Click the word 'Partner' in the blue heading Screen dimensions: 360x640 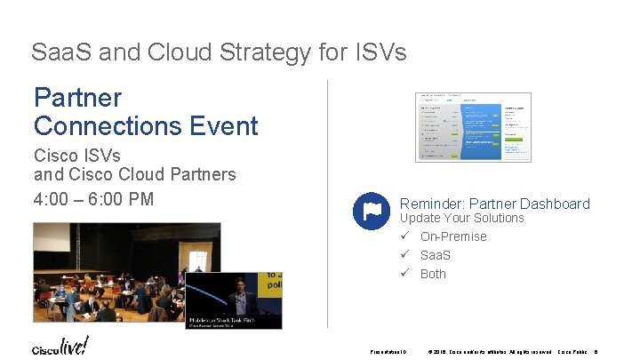(x=77, y=97)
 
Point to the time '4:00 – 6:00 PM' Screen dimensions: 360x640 (x=93, y=197)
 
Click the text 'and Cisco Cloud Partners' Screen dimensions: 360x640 (x=134, y=174)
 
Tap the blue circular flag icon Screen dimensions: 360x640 (x=371, y=211)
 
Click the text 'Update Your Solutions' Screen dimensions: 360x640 (x=462, y=218)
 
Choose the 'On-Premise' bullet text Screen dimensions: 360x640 (x=453, y=236)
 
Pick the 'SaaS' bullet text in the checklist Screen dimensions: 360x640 (x=436, y=255)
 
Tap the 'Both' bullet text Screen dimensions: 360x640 (x=433, y=274)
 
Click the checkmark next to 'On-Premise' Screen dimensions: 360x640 (x=404, y=236)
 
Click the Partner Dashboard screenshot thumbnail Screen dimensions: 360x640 (x=473, y=126)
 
